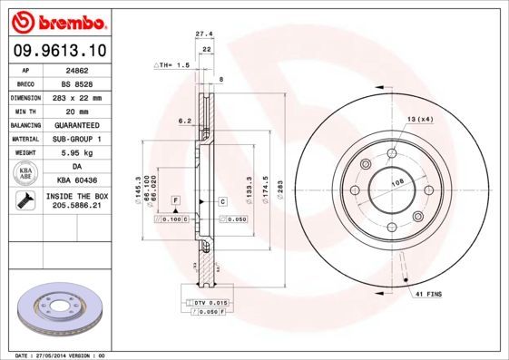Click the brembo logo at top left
(57, 20)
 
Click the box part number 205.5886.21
(75, 206)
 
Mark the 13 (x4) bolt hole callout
(418, 120)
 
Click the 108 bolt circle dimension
(396, 182)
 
